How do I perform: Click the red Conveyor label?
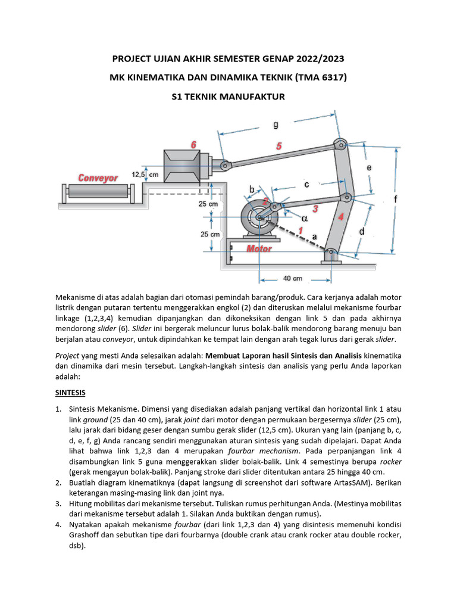pyautogui.click(x=98, y=178)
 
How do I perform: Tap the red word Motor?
pyautogui.click(x=259, y=248)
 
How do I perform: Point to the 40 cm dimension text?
pyautogui.click(x=292, y=278)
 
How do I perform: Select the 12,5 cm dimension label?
pyautogui.click(x=145, y=175)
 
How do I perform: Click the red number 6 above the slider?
pyautogui.click(x=193, y=145)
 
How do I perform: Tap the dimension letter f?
pyautogui.click(x=396, y=199)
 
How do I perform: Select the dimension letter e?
pyautogui.click(x=370, y=169)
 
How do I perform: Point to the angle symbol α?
pyautogui.click(x=304, y=219)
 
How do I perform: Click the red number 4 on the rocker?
pyautogui.click(x=341, y=217)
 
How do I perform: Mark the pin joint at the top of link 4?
pyautogui.click(x=340, y=143)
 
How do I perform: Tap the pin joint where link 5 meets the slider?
pyautogui.click(x=224, y=165)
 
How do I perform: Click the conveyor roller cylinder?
pyautogui.click(x=98, y=192)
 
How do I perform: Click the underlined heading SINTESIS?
pyautogui.click(x=70, y=393)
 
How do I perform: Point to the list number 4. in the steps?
pyautogui.click(x=58, y=525)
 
